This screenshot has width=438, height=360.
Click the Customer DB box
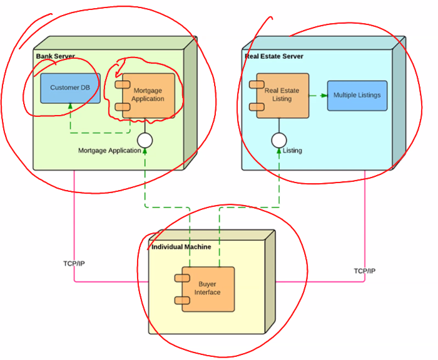[70, 88]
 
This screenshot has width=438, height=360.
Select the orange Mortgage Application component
[148, 95]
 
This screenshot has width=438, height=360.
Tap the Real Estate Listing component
[283, 95]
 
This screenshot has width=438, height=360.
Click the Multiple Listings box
[356, 95]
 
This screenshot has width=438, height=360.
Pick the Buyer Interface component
[207, 289]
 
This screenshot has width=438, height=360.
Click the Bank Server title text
[55, 56]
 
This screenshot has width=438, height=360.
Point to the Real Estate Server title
[273, 56]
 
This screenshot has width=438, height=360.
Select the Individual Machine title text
[181, 247]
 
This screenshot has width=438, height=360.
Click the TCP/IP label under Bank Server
[74, 263]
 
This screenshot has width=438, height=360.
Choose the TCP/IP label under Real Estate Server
[365, 271]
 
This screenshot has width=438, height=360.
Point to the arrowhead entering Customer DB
[70, 107]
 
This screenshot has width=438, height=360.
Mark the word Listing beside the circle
[292, 151]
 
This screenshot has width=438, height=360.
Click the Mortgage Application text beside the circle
[109, 151]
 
